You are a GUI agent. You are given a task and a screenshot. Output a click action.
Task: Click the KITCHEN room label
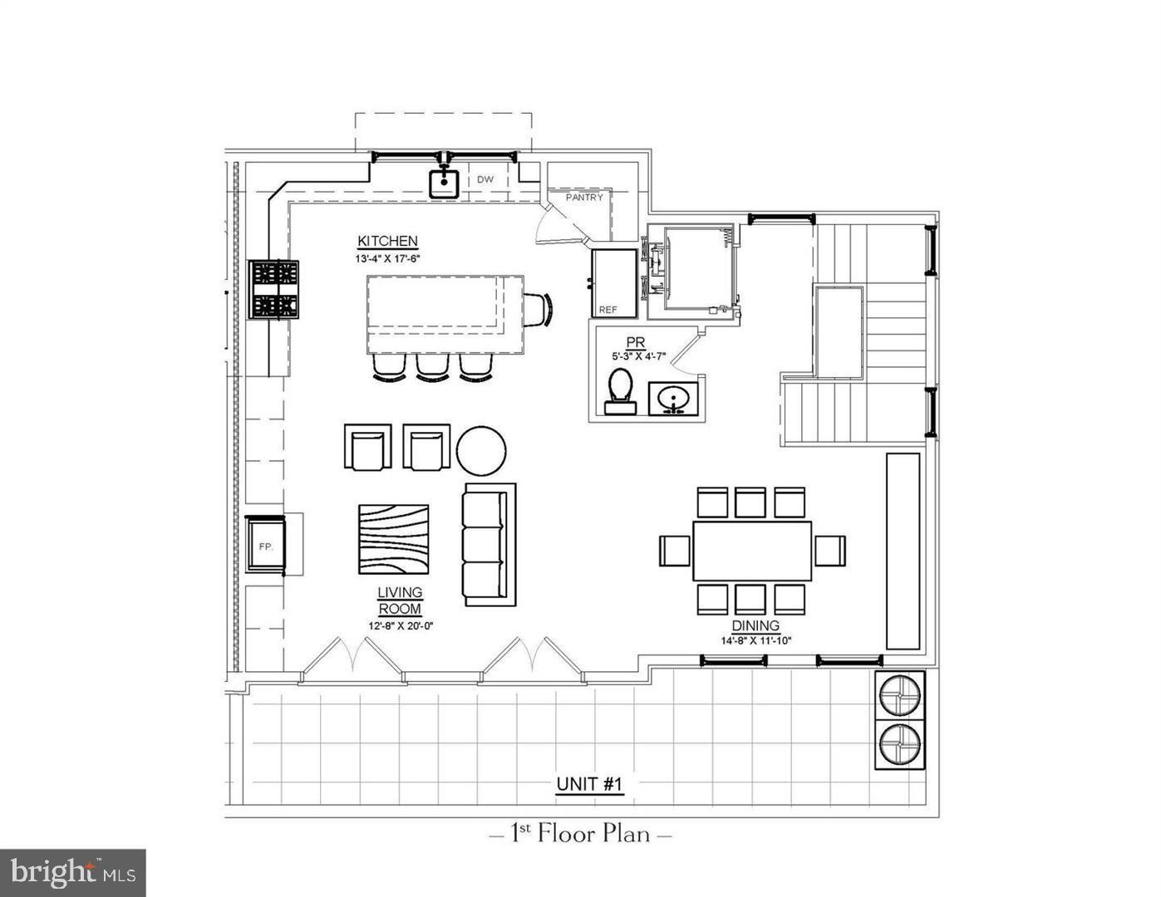click(x=387, y=241)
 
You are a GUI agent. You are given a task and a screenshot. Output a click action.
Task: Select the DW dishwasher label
click(x=485, y=179)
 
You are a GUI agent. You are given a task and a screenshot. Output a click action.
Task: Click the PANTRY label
click(x=584, y=198)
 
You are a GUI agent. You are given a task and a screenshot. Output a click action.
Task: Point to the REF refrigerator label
click(x=608, y=310)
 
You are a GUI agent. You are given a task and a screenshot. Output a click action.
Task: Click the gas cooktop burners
click(x=275, y=289)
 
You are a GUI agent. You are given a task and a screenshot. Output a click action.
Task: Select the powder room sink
click(x=674, y=398)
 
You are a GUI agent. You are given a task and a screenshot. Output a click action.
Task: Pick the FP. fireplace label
click(x=266, y=546)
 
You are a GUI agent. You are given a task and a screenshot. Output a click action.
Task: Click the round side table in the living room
click(x=481, y=449)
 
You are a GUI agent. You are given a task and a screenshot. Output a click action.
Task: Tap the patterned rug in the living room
click(x=394, y=539)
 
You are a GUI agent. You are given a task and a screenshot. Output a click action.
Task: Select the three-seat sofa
click(x=489, y=544)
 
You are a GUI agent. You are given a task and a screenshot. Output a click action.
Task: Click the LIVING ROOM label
click(x=400, y=600)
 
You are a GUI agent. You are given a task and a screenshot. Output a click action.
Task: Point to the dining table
click(x=752, y=551)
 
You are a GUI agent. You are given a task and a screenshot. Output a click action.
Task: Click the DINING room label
click(x=755, y=625)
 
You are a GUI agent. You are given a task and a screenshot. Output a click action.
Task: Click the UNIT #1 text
click(x=589, y=784)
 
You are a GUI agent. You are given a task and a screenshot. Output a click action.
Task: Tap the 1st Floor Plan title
click(x=580, y=833)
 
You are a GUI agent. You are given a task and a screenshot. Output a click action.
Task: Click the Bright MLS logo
click(x=73, y=873)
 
